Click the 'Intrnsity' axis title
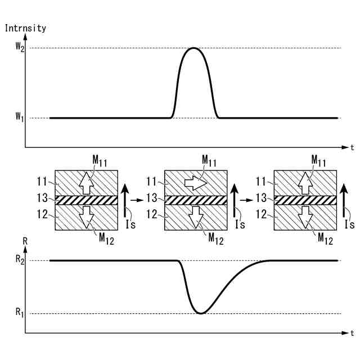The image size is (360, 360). pos(25,28)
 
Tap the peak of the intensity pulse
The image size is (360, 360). pos(193,48)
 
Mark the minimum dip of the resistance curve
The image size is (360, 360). pos(200,313)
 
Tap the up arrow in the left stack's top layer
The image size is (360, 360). pos(85,182)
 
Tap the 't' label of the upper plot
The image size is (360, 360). pos(352,148)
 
